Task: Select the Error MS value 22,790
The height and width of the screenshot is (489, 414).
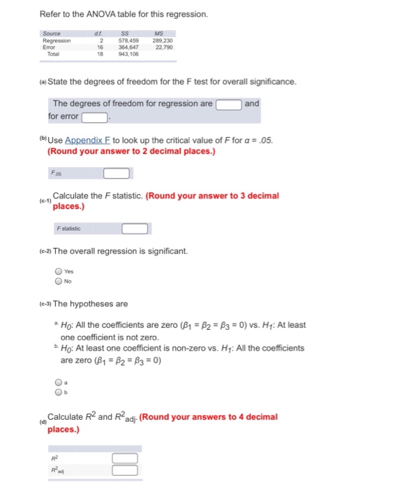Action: click(164, 45)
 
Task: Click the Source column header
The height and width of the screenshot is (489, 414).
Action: click(52, 33)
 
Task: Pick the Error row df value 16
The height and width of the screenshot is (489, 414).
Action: click(101, 45)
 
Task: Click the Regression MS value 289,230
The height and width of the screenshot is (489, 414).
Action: click(163, 39)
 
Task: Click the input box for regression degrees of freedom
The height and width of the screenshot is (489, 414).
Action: click(228, 104)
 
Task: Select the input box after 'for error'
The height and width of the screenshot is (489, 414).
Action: click(95, 117)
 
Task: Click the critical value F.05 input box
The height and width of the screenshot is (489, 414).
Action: click(117, 173)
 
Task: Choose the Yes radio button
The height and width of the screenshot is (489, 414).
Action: click(59, 272)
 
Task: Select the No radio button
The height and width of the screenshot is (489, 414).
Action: click(59, 282)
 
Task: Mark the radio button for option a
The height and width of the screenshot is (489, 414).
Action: click(59, 383)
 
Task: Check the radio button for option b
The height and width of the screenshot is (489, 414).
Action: click(59, 392)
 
